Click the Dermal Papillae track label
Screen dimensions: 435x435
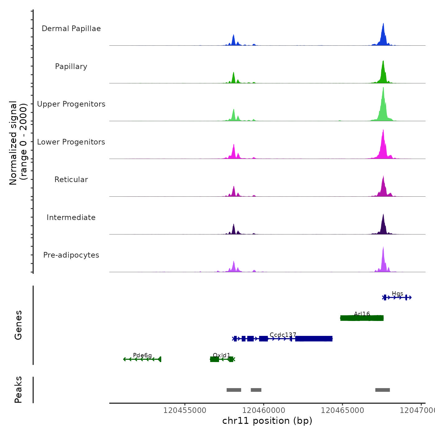click(71, 29)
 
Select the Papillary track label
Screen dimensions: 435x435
click(71, 66)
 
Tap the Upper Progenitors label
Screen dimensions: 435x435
click(71, 104)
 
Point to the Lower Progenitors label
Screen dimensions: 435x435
click(71, 142)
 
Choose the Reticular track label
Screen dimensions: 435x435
click(71, 180)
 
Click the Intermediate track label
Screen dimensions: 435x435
click(71, 217)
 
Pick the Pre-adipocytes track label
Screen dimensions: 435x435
click(71, 255)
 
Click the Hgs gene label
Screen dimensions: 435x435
click(397, 294)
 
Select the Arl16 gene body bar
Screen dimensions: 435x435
click(362, 318)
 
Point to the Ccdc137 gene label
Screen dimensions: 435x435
click(283, 335)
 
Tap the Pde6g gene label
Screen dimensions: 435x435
click(142, 355)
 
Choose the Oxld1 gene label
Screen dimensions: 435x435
click(222, 355)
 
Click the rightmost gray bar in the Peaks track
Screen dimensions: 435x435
click(382, 390)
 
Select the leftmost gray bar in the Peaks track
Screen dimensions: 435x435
click(234, 390)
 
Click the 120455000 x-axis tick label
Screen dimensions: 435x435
click(185, 410)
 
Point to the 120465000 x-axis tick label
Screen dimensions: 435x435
click(342, 410)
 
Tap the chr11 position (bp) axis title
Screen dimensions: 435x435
click(267, 421)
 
